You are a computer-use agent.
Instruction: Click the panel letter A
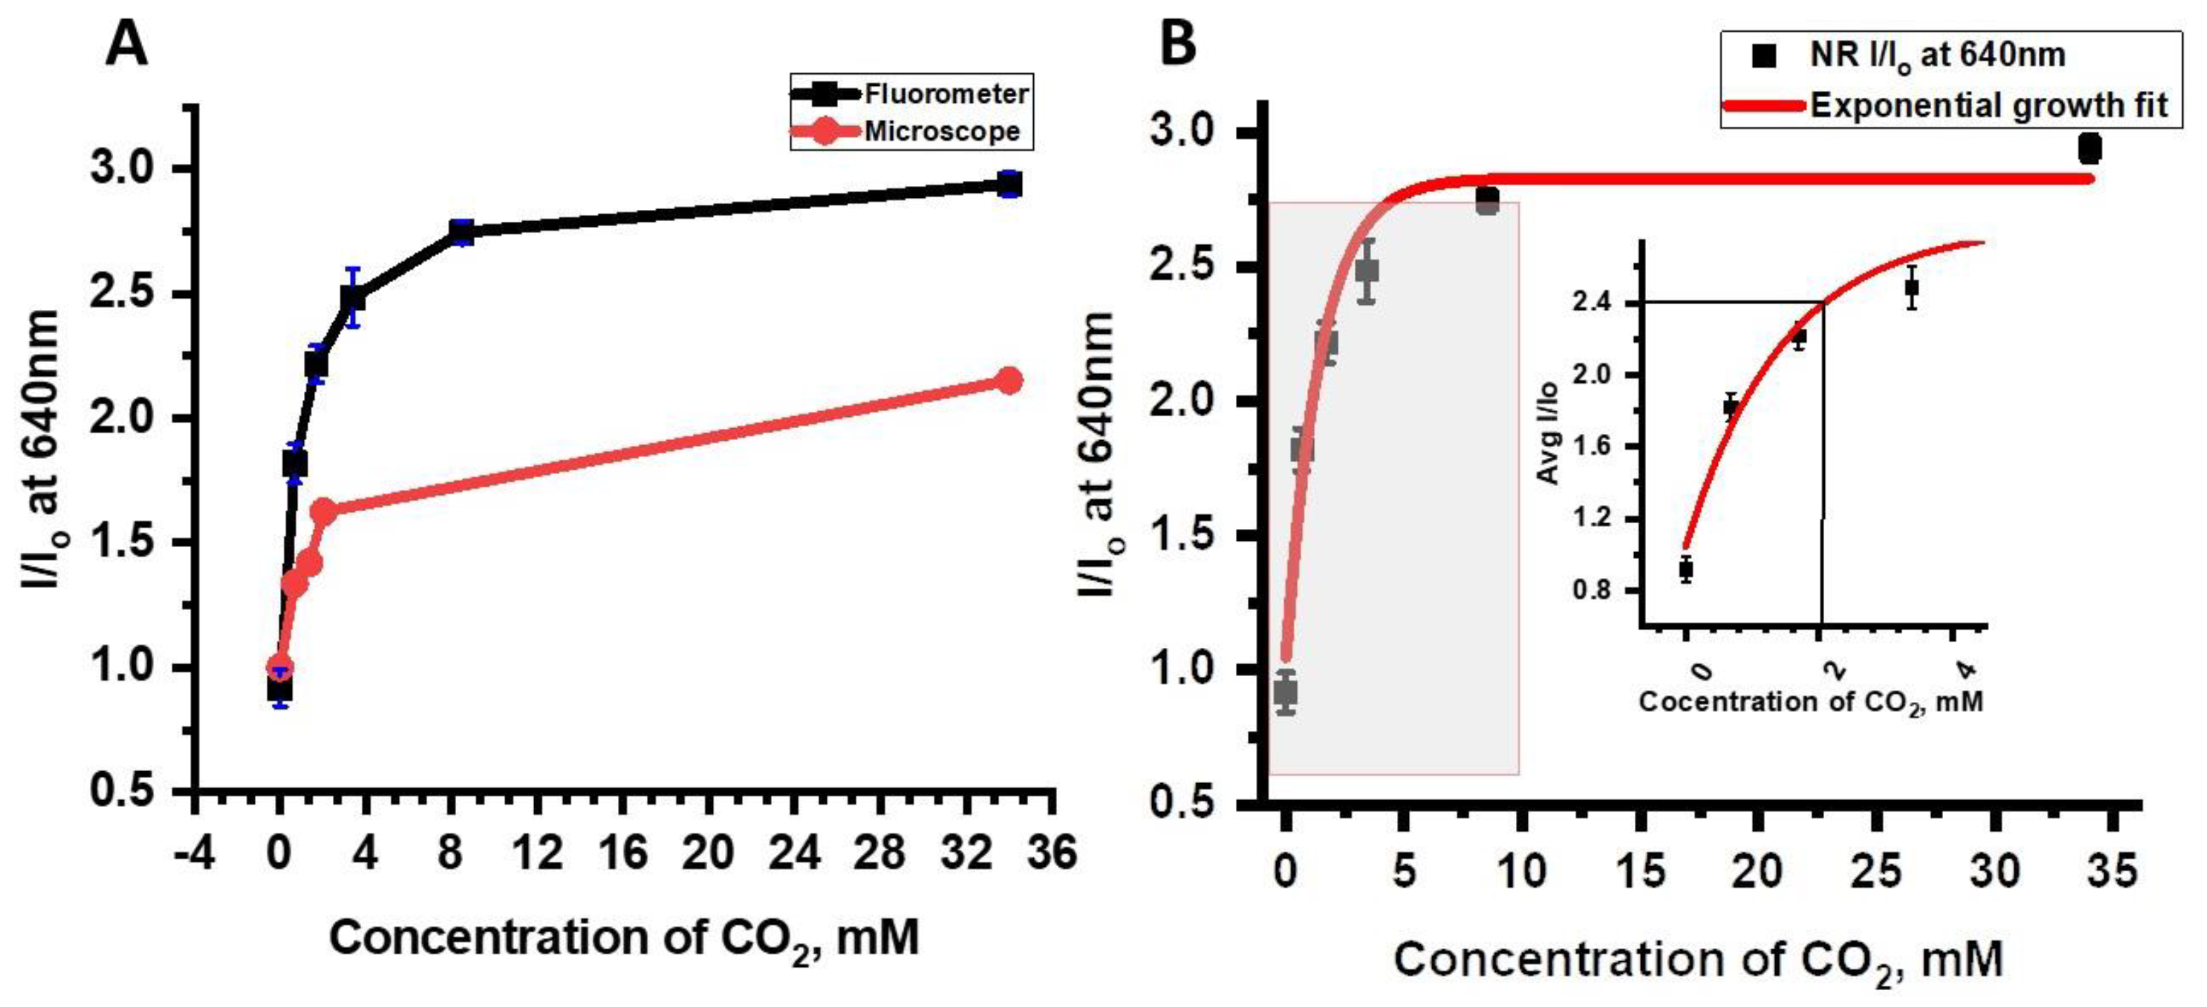click(126, 44)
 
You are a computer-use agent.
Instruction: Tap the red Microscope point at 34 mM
click(1010, 380)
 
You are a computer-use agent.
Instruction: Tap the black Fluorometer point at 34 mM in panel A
click(1010, 184)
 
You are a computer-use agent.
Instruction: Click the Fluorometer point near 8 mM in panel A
click(462, 232)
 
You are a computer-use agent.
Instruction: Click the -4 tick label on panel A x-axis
click(194, 853)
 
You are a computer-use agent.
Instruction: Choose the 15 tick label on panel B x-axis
click(1640, 872)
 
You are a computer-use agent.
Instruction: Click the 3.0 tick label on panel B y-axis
click(1182, 132)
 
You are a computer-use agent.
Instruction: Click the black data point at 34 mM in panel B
click(2089, 149)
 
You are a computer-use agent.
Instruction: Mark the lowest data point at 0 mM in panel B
click(1285, 692)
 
